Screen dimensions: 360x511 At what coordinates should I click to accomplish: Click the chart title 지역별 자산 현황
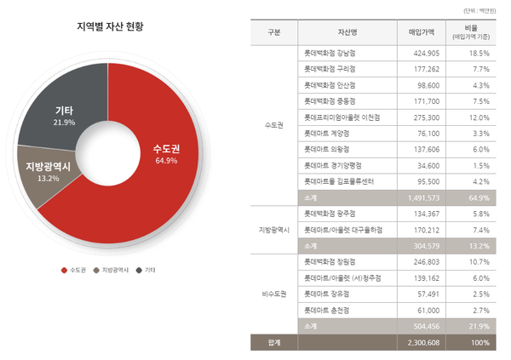point(110,26)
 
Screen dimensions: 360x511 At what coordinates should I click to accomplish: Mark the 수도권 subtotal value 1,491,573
point(420,197)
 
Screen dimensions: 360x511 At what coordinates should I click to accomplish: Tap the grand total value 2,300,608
point(420,342)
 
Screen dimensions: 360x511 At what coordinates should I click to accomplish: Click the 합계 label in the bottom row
point(273,342)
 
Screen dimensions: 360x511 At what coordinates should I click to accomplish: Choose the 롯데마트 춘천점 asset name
point(327,310)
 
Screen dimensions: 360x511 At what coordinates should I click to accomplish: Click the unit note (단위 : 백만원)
point(483,10)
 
